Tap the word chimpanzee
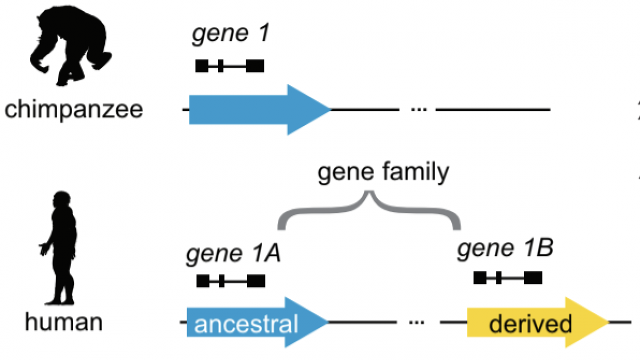[x=73, y=109]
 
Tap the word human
[x=63, y=322]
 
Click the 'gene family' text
[x=383, y=172]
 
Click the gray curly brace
[x=369, y=210]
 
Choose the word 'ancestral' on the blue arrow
[x=246, y=323]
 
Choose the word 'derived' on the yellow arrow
[x=530, y=323]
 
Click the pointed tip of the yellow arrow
[x=607, y=322]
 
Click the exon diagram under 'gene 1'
[x=229, y=66]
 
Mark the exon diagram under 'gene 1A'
[x=230, y=281]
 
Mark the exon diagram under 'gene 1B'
[x=507, y=277]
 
